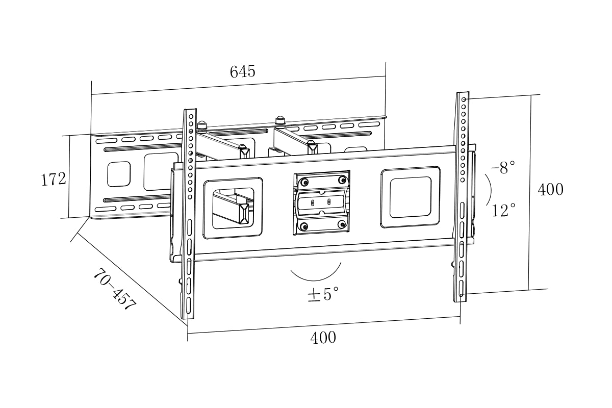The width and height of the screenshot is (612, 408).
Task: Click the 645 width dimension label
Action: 242,71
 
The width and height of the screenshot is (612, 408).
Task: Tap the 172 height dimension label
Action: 54,179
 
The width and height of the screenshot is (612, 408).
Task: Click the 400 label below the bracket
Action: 323,338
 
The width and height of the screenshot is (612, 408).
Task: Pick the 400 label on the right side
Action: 551,190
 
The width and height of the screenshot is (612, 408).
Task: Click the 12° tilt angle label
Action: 504,210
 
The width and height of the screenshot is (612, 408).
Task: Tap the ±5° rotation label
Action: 323,294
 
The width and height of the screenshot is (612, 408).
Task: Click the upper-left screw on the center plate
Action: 305,183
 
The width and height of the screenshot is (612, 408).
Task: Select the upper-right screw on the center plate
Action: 342,180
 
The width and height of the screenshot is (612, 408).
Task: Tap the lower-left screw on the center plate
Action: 304,226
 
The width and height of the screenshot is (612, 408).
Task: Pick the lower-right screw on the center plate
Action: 342,223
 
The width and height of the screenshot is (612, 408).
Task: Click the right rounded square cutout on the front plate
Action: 410,197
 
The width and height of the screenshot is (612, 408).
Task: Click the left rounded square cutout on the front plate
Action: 233,208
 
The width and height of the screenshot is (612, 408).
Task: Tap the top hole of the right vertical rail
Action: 464,99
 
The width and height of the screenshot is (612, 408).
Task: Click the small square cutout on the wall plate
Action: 119,174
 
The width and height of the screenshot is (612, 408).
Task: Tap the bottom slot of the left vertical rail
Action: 189,305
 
